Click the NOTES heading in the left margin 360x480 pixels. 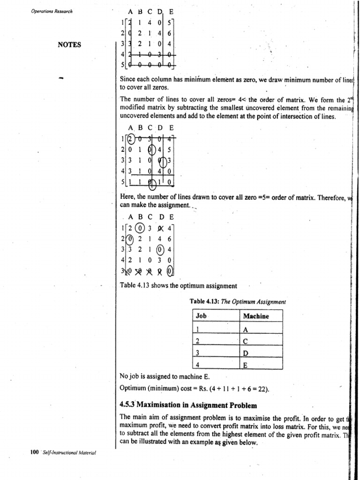tap(70, 45)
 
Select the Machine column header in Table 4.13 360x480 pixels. tap(256, 316)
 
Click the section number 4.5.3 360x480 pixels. tap(129, 405)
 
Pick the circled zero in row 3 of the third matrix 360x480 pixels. tap(160, 249)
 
